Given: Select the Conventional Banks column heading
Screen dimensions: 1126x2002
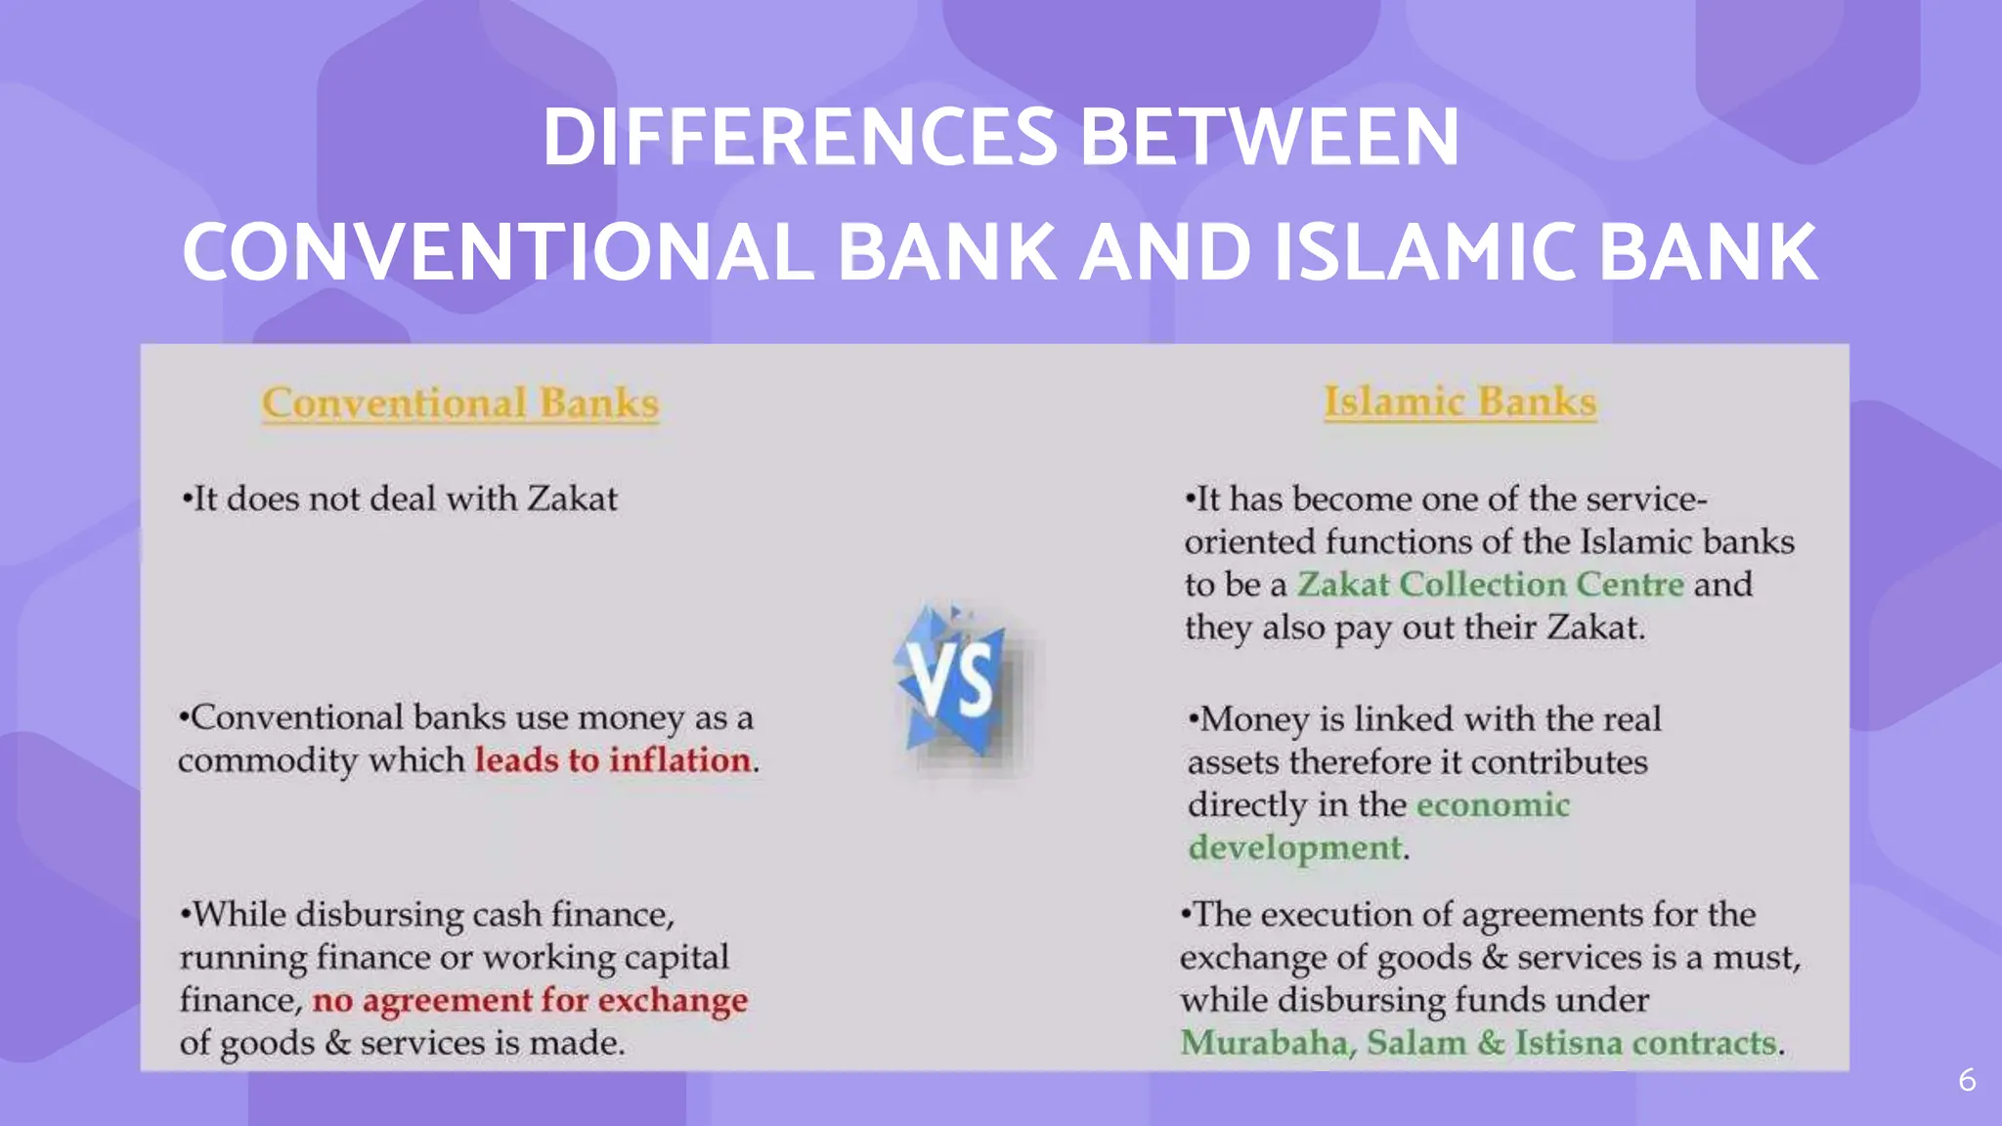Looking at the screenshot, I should tap(460, 404).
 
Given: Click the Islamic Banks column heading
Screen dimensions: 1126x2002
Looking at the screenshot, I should tap(1459, 402).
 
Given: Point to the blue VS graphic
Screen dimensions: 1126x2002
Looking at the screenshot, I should tap(953, 682).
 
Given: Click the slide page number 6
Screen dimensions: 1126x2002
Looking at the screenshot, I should tap(1967, 1080).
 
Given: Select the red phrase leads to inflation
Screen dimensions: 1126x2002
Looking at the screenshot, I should tap(613, 760).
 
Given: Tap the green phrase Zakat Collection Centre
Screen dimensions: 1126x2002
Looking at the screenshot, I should tap(1490, 585).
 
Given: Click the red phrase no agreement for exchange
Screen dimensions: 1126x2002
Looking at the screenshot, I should tap(530, 1001).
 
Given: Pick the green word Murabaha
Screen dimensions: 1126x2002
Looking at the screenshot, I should tap(1267, 1043).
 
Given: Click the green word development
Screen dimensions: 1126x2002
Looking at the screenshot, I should tap(1294, 847).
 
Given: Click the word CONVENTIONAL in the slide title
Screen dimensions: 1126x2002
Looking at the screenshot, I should tap(498, 252).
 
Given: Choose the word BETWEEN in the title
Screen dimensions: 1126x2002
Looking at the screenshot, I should tap(1270, 137).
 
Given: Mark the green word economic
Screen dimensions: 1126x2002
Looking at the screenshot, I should tap(1492, 804).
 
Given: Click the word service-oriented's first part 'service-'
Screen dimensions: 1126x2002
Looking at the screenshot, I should tap(1646, 499).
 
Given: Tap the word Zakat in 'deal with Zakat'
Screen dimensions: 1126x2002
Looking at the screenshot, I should tap(572, 499).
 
